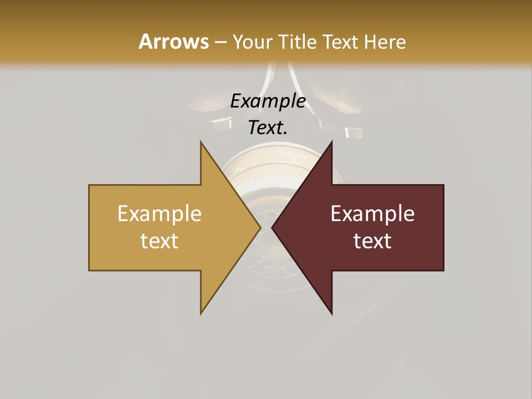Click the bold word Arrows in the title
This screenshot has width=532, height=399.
173,42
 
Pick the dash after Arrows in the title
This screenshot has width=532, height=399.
221,42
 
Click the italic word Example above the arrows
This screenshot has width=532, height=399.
268,101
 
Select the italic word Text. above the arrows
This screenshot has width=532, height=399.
268,127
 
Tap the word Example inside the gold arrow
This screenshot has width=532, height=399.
160,214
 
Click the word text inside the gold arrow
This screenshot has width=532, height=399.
160,241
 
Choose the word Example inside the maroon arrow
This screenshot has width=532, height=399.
372,214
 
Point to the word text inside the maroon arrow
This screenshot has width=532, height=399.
372,241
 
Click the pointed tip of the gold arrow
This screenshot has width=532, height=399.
260,227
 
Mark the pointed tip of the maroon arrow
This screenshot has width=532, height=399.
272,227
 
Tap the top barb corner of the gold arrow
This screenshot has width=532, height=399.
201,142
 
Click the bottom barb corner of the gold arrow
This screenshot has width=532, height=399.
201,314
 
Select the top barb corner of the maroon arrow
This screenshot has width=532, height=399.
331,142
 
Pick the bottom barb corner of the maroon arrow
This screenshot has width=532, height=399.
331,314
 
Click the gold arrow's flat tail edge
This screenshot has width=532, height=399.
89,228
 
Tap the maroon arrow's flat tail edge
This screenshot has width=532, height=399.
443,228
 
